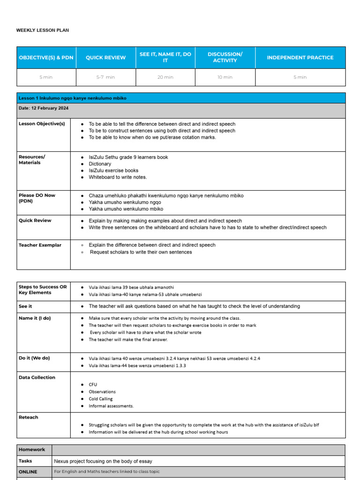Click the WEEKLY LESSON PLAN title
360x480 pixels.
[43, 30]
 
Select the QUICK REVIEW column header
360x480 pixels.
[105, 58]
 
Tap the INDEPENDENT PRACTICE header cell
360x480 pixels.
[300, 58]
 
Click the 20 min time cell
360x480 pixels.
[165, 77]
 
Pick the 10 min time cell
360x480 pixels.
[225, 77]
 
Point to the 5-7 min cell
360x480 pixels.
[105, 77]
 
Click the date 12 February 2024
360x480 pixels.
[44, 108]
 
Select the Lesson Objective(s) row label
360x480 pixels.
[42, 124]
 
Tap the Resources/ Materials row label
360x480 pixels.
[32, 160]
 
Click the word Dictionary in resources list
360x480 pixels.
[100, 164]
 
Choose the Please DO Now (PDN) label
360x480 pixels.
[37, 198]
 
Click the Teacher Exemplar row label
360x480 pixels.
[40, 245]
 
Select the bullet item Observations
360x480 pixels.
[102, 392]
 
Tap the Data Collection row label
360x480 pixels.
[37, 377]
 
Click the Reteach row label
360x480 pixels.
[28, 417]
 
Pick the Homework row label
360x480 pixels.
[32, 450]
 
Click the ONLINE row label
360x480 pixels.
[28, 472]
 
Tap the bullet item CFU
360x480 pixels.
[93, 384]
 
